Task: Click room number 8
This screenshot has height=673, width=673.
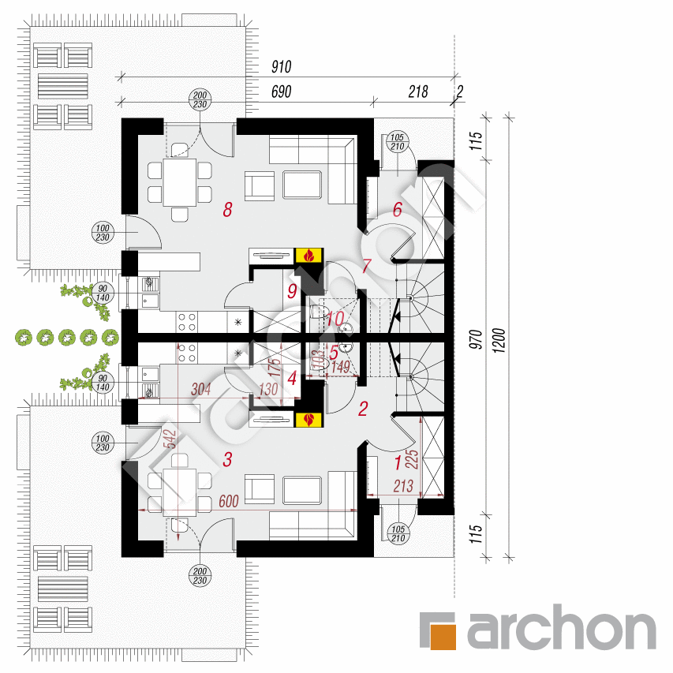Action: pyautogui.click(x=227, y=210)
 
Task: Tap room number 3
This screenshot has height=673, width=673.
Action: pyautogui.click(x=227, y=460)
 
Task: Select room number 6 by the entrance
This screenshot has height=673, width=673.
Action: pyautogui.click(x=398, y=209)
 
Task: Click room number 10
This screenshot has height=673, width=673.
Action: pyautogui.click(x=334, y=320)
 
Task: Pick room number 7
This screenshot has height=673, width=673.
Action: pyautogui.click(x=365, y=267)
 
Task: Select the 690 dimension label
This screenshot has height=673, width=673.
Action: pyautogui.click(x=281, y=92)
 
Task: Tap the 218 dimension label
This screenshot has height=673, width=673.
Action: pyautogui.click(x=417, y=92)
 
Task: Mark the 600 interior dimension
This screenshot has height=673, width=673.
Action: pyautogui.click(x=229, y=502)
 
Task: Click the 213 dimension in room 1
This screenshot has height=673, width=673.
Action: pyautogui.click(x=402, y=487)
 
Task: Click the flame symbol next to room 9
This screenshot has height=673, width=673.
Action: pyautogui.click(x=308, y=255)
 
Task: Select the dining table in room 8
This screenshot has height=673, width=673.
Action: pyautogui.click(x=180, y=182)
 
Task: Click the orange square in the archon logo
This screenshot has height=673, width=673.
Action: pyautogui.click(x=447, y=634)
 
